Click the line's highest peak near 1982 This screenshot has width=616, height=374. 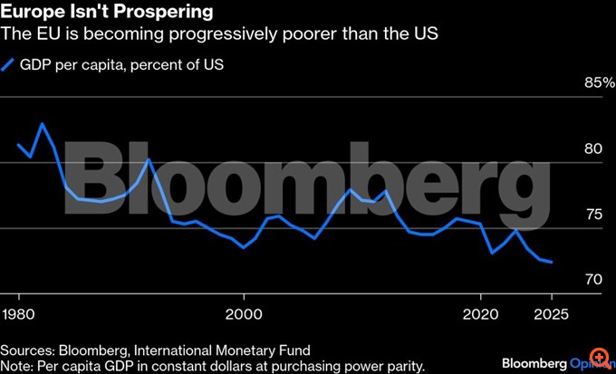(x=42, y=123)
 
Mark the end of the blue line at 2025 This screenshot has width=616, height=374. (x=552, y=263)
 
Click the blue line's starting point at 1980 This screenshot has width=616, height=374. (x=19, y=145)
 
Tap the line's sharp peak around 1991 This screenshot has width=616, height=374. (x=148, y=160)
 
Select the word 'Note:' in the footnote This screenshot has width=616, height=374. (x=18, y=365)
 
